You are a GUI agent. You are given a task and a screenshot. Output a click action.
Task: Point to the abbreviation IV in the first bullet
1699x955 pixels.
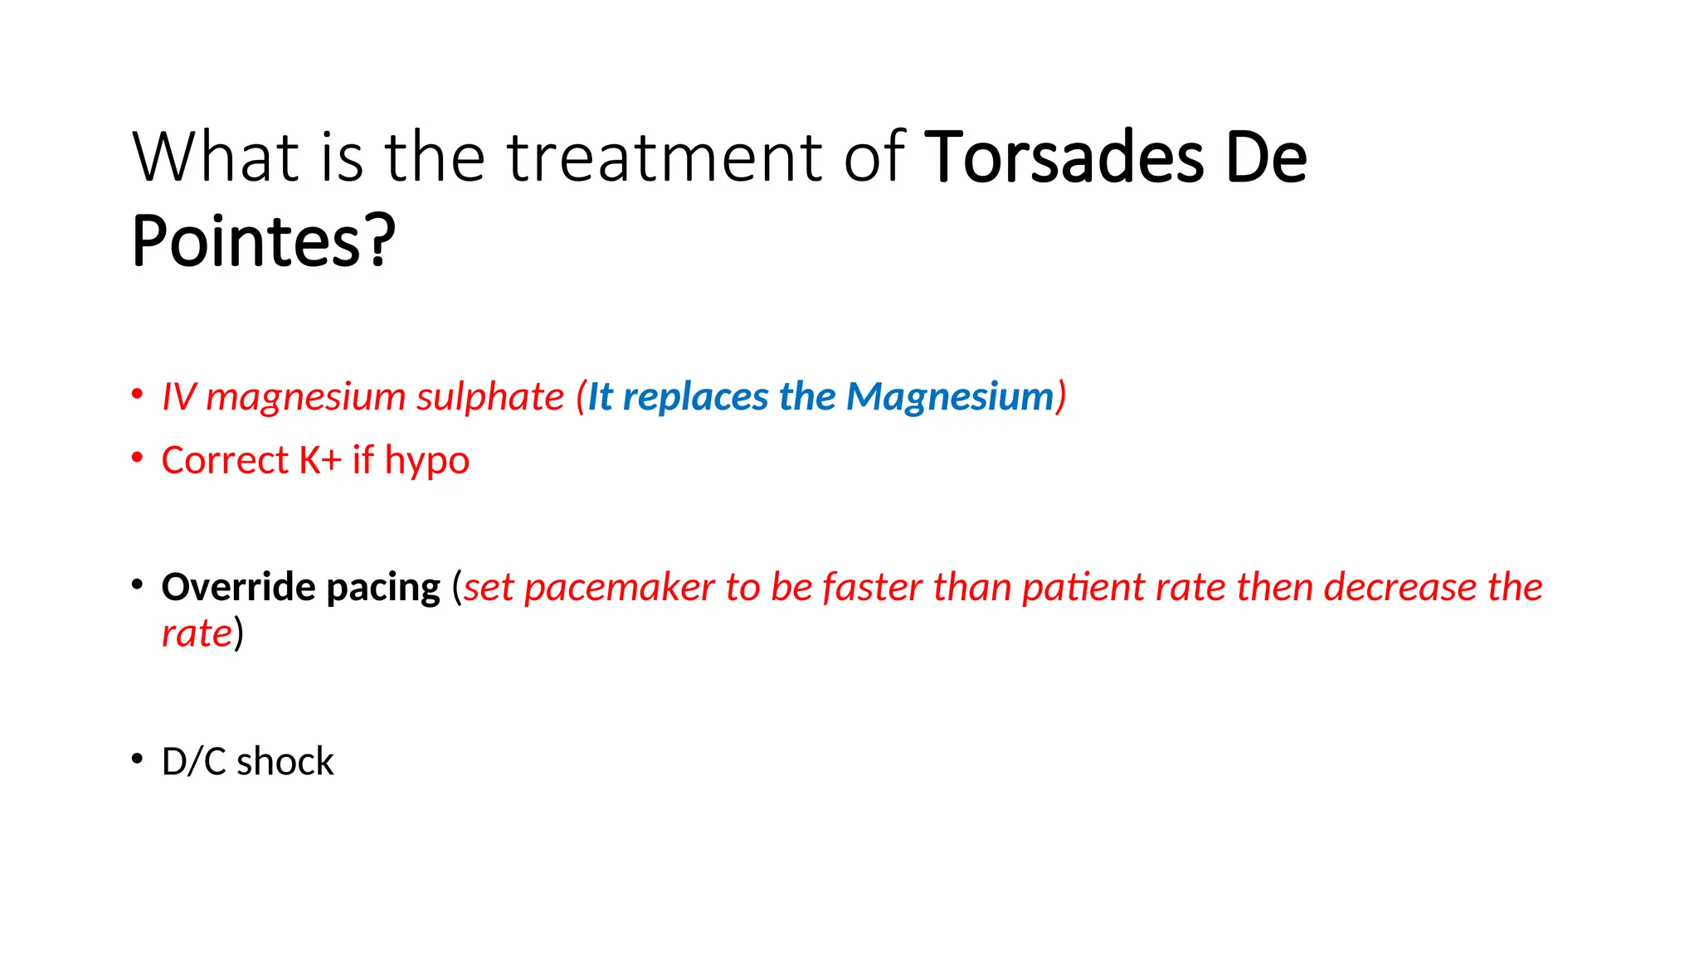coord(178,397)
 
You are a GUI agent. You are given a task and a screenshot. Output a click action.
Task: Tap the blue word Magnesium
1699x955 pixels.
coord(950,397)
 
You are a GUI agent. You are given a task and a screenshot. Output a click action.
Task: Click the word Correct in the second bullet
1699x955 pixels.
coord(225,461)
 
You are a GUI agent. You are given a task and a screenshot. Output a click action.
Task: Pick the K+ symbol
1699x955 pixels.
coord(320,461)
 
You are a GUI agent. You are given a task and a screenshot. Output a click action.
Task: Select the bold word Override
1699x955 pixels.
coord(239,588)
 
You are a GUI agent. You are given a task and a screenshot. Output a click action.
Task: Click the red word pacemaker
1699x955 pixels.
coord(620,588)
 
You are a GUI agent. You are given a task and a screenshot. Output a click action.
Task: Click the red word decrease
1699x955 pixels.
coord(1400,588)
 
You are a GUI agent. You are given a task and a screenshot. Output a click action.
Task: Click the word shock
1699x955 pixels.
coord(285,762)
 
